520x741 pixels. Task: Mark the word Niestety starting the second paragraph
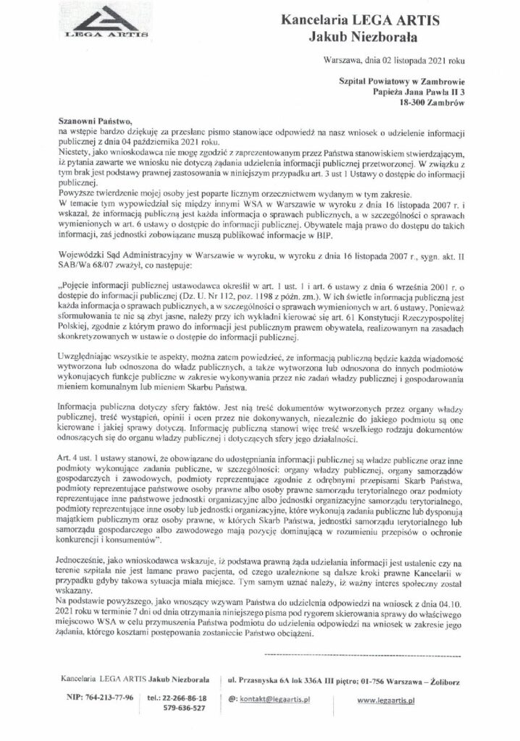[75, 153]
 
